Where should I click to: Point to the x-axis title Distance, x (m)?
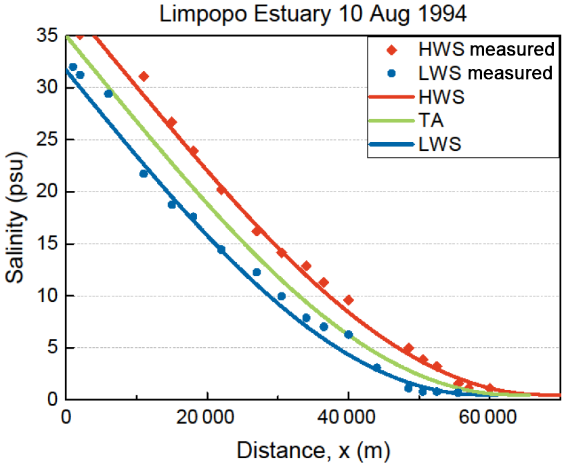point(313,449)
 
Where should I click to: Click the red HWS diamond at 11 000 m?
point(144,76)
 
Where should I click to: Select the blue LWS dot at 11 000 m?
point(144,174)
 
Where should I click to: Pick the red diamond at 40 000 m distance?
point(349,300)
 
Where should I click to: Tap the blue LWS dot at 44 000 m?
point(376,368)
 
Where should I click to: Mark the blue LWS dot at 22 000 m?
point(221,250)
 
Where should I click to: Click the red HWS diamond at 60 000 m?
point(489,388)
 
